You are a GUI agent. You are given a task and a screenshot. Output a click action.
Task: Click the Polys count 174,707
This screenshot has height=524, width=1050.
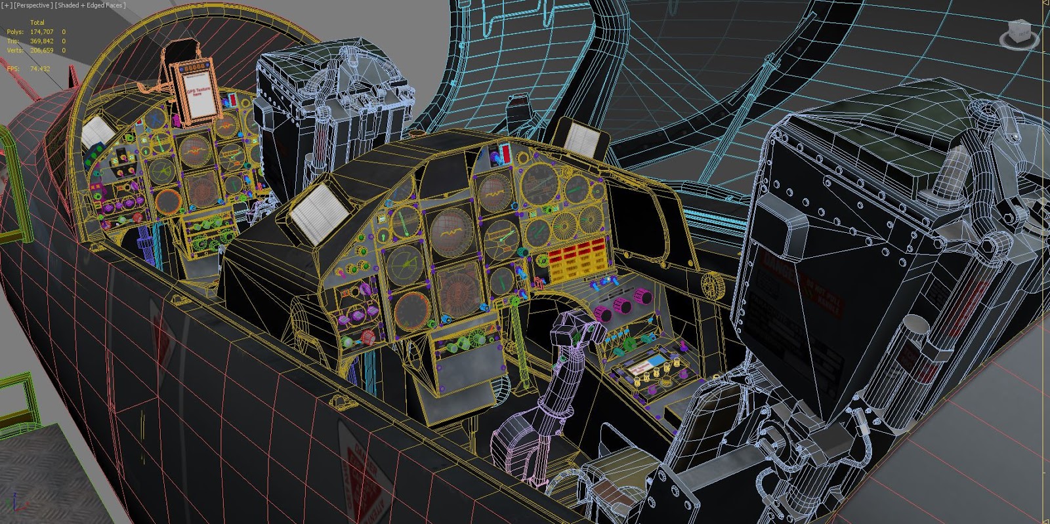tap(42, 31)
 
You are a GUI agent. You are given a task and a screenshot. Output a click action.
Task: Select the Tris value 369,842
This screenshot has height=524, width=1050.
tap(42, 41)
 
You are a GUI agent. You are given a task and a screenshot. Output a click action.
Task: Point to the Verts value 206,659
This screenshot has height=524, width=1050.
tap(42, 50)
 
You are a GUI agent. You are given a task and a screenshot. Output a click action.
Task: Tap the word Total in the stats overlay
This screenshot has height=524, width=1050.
tap(37, 22)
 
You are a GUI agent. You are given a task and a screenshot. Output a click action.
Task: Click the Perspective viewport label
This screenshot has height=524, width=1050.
tap(33, 5)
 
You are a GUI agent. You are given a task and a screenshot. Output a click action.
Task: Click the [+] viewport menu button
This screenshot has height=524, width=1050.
tap(7, 5)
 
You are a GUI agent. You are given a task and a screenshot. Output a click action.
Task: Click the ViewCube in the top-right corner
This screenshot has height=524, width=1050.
tap(1019, 33)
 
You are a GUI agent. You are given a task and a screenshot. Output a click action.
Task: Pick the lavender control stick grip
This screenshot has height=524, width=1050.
tap(570, 334)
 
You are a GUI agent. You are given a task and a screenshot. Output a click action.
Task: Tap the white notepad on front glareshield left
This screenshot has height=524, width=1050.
tap(320, 210)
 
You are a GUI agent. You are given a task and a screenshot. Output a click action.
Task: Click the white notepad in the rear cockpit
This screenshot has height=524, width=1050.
tap(98, 132)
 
